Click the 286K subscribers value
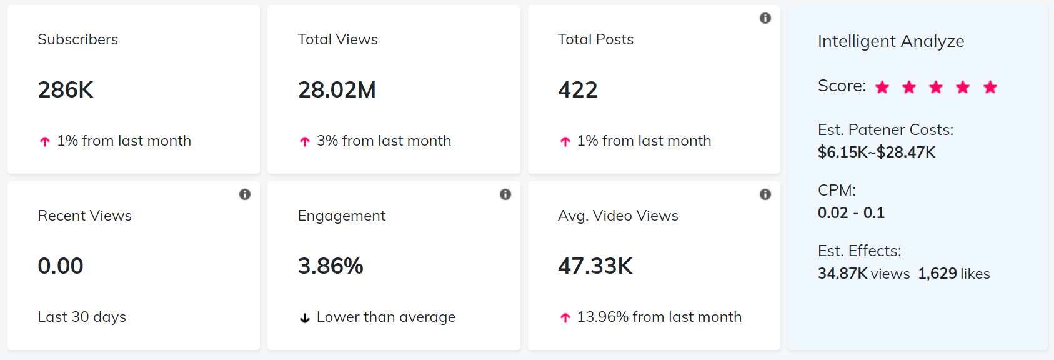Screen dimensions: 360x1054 click(66, 90)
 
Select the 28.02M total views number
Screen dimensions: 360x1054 click(337, 90)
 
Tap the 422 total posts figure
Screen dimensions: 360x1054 click(578, 90)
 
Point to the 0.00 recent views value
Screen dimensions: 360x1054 click(61, 266)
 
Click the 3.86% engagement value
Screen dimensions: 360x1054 click(331, 266)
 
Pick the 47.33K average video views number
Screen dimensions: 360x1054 click(595, 266)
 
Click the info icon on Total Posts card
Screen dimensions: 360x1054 click(765, 18)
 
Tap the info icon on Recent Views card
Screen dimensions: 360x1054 click(245, 194)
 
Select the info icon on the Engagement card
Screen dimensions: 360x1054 click(505, 194)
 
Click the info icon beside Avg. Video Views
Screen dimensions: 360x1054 click(765, 194)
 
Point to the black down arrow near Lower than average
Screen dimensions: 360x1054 click(305, 318)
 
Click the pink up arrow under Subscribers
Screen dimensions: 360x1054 click(45, 142)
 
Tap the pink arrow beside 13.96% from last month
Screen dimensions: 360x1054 click(565, 318)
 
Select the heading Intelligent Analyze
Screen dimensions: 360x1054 click(891, 41)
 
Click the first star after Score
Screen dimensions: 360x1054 click(882, 87)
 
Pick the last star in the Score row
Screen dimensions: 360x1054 click(990, 87)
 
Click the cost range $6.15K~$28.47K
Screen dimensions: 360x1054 click(877, 152)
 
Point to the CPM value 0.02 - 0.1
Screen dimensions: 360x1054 click(851, 213)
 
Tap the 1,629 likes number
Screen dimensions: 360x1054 click(937, 274)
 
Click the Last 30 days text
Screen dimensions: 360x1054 click(82, 317)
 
